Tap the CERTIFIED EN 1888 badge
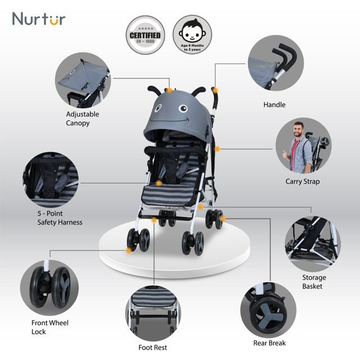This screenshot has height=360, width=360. click(145, 35)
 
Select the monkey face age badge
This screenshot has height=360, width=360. click(191, 35)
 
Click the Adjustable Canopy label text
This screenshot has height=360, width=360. click(82, 118)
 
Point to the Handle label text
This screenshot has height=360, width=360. click(274, 105)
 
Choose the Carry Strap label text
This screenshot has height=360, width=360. click(302, 182)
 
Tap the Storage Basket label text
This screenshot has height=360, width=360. click(313, 282)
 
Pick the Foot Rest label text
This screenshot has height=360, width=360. click(152, 348)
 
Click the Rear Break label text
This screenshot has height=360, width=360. click(269, 343)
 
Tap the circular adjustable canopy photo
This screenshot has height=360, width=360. click(82, 79)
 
